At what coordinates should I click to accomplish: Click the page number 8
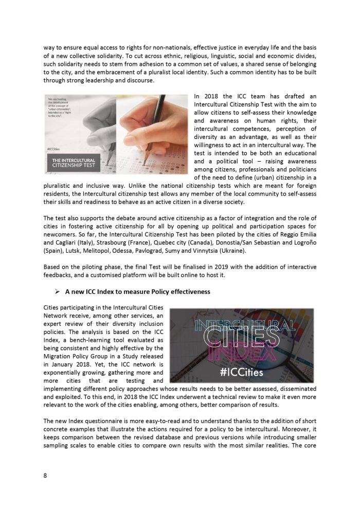coord(45,476)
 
